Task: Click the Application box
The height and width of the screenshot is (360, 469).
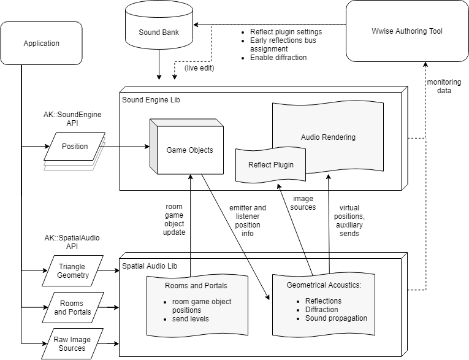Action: (42, 44)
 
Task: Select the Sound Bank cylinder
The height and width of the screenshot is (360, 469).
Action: (159, 32)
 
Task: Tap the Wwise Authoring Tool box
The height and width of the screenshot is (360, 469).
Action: (407, 31)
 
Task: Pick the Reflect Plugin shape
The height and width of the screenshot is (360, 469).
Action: (270, 164)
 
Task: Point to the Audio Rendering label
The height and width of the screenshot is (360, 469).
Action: (328, 137)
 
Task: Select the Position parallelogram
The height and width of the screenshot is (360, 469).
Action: (75, 147)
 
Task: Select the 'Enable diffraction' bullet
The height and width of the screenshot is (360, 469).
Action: (278, 58)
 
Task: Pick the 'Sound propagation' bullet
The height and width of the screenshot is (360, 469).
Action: (336, 318)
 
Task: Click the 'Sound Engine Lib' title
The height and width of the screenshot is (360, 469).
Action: (151, 99)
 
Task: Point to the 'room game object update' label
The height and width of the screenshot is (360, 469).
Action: (175, 220)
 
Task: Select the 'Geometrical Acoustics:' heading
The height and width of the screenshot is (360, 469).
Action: (324, 285)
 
